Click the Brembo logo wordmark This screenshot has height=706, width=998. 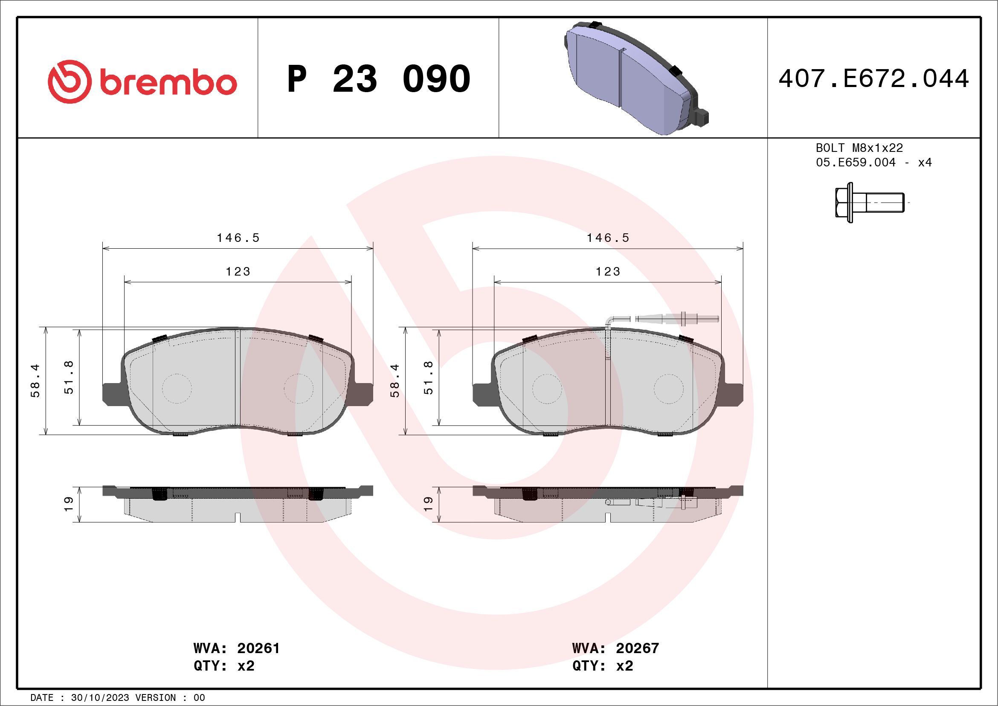167,83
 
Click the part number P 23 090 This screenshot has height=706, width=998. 378,79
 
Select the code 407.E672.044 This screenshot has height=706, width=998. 873,79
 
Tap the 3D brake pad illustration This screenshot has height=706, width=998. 635,78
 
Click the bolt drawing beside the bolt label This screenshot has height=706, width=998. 869,203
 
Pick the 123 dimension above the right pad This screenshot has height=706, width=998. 608,272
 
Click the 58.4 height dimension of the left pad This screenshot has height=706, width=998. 35,381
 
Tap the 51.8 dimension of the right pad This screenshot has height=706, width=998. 429,378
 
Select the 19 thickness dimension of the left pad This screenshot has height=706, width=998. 69,504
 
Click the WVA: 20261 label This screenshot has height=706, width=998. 236,648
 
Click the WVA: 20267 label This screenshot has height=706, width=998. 615,648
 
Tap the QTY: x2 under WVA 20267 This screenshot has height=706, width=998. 603,666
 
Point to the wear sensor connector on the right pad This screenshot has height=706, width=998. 678,319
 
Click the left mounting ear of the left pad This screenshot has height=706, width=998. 111,394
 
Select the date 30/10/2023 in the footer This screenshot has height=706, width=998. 100,698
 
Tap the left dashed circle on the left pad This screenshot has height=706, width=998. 177,388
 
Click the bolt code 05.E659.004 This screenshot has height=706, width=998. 856,163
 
